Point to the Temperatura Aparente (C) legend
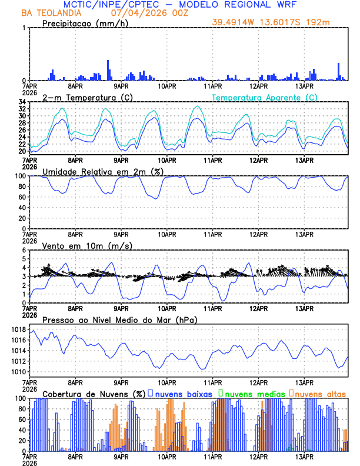(x=265, y=97)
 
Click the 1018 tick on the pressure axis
(x=17, y=329)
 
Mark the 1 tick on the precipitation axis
(x=24, y=28)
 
